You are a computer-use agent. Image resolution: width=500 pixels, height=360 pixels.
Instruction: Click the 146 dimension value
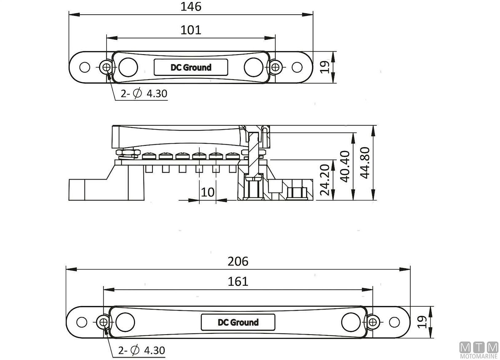(x=191, y=7)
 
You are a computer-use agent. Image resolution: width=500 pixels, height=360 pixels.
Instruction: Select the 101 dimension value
(x=191, y=30)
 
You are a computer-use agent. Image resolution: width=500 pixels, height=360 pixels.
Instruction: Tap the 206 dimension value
(x=238, y=261)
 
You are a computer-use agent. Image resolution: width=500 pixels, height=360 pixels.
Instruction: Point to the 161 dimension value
(x=238, y=281)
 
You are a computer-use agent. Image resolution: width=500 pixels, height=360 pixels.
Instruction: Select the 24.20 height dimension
(x=325, y=180)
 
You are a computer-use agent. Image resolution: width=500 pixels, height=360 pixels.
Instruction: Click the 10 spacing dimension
(x=207, y=192)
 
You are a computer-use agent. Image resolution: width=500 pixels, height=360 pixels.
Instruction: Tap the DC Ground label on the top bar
(x=191, y=67)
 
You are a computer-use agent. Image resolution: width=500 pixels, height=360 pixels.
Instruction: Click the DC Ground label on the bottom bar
(x=238, y=322)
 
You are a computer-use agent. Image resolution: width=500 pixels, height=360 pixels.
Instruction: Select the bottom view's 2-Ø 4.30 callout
(x=142, y=350)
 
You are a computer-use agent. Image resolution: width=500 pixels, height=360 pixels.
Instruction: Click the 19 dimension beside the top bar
(x=328, y=67)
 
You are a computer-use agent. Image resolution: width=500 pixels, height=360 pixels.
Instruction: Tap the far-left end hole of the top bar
(x=85, y=67)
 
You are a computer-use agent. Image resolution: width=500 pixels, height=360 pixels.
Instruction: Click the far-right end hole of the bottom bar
(x=393, y=322)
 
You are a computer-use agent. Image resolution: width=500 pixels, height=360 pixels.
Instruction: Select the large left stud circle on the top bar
(x=128, y=67)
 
